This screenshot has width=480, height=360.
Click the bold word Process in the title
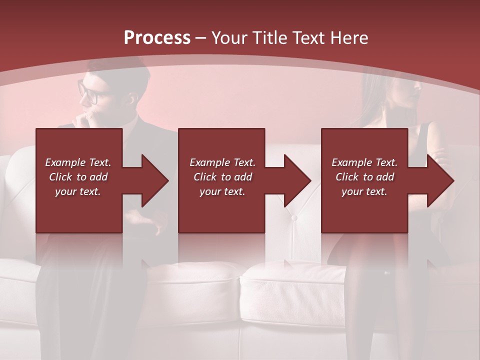157,38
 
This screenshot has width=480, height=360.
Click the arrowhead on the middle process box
296,180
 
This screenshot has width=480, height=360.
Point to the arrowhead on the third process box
439,180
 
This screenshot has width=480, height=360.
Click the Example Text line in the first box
78,162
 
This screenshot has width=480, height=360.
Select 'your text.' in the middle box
222,191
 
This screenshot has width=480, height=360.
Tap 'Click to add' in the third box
364,177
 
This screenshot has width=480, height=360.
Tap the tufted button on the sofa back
294,217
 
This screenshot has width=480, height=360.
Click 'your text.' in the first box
78,191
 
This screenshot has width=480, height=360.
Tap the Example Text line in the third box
364,162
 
